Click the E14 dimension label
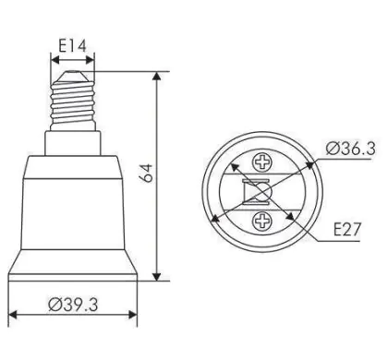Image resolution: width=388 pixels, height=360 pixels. click(x=73, y=46)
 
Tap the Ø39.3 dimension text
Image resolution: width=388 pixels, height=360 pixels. click(x=73, y=305)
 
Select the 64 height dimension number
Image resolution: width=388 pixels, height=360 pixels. click(x=148, y=174)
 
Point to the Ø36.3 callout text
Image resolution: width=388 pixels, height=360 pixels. click(x=351, y=149)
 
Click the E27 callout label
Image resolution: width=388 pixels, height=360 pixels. click(x=346, y=229)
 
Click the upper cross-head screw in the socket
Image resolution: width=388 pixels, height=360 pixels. click(x=262, y=162)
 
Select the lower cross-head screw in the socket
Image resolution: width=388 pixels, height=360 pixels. click(x=262, y=221)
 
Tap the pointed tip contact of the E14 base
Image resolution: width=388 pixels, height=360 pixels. click(x=73, y=76)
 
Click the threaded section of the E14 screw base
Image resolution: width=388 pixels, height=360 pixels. click(x=73, y=102)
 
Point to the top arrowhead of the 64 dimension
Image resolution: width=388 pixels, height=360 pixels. click(x=157, y=76)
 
